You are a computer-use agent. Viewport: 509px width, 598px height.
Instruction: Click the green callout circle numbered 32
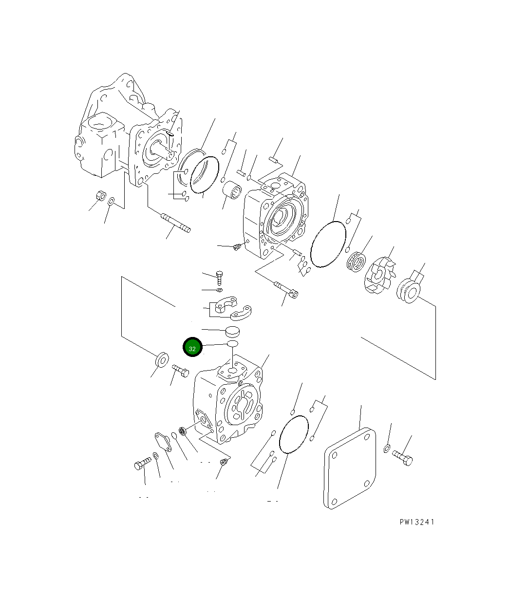(192, 348)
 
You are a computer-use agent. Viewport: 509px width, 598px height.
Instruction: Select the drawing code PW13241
(416, 522)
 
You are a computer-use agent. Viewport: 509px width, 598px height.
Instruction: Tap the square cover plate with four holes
(350, 468)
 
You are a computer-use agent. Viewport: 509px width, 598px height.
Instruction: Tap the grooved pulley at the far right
(408, 292)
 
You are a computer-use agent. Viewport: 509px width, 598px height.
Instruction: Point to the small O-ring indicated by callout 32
(232, 344)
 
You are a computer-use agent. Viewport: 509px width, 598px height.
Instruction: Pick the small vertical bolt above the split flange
(220, 278)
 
